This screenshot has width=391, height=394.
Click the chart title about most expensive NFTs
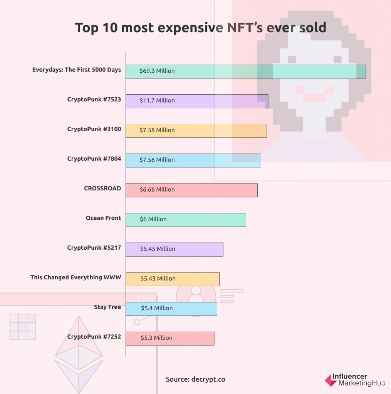[200, 28]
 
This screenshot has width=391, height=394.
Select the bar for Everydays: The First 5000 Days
[246, 71]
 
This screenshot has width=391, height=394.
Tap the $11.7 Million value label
[157, 100]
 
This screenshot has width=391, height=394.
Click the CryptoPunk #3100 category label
[94, 129]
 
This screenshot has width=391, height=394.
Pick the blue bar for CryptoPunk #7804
[193, 160]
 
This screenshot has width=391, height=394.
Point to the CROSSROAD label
[102, 189]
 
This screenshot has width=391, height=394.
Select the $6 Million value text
[153, 219]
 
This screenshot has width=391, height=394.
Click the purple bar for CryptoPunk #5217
[175, 249]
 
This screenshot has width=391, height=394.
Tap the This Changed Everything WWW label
[76, 277]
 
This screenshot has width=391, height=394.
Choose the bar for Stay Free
[171, 309]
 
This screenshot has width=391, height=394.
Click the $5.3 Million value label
[156, 338]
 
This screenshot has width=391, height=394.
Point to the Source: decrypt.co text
[195, 379]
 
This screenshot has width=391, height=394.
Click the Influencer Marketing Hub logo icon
[331, 380]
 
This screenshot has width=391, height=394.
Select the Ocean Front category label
[103, 218]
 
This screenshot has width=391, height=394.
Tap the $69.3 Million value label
[157, 71]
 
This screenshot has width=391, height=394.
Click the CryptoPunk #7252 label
[94, 337]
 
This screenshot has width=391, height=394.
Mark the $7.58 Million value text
[157, 130]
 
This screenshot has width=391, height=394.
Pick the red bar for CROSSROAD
[191, 190]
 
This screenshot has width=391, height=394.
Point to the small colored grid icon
[23, 327]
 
